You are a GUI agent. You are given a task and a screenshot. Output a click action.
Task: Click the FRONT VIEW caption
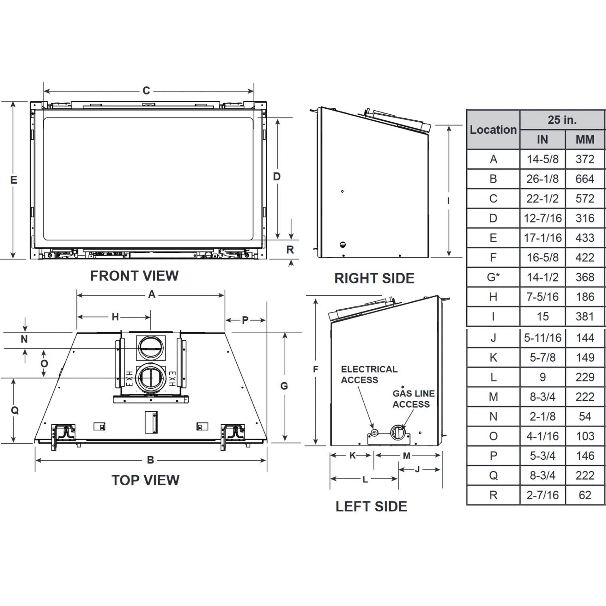tap(134, 276)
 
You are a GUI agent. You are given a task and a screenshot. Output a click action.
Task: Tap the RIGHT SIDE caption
tap(375, 278)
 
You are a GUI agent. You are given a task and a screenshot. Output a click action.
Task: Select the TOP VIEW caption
tap(145, 480)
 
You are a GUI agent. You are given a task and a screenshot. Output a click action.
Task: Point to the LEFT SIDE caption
tap(371, 507)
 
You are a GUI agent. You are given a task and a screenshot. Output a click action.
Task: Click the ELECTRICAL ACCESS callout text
tap(369, 375)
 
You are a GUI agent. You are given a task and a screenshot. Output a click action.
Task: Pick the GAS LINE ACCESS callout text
tap(414, 399)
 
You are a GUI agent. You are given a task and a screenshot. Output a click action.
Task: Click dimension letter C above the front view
tap(146, 90)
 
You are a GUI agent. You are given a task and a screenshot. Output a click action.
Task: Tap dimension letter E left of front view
tap(14, 180)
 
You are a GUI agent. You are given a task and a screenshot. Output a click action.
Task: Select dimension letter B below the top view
tap(150, 460)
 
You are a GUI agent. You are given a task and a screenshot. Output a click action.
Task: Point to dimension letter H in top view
tap(115, 317)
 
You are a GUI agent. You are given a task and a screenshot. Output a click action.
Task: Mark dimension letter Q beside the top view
tap(15, 410)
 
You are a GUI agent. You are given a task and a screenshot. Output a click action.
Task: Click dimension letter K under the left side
tap(352, 456)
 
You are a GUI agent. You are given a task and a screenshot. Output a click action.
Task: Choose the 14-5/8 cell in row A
tap(543, 159)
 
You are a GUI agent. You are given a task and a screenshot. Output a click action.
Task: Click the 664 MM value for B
tap(585, 179)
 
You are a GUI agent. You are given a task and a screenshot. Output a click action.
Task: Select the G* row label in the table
tap(493, 277)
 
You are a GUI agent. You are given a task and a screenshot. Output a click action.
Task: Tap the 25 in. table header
tap(562, 120)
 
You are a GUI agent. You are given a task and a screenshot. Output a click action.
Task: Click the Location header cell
tap(493, 130)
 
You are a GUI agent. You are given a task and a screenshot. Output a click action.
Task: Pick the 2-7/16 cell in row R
tap(543, 495)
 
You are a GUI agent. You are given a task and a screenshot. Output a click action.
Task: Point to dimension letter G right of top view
tap(284, 386)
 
